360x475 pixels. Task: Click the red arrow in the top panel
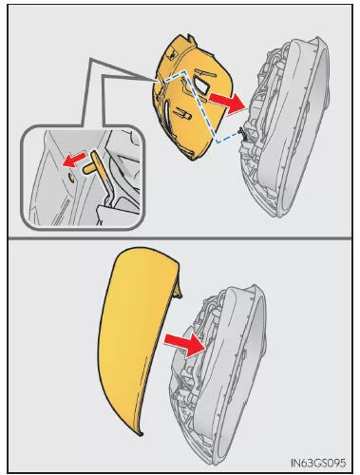228,103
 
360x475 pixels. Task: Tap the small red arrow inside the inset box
74,159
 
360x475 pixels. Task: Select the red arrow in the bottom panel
185,345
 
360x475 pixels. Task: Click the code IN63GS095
318,463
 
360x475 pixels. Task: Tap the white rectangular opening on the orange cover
201,85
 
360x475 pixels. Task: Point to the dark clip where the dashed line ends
242,130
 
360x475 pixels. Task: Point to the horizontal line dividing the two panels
180,237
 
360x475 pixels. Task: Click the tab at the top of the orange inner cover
190,39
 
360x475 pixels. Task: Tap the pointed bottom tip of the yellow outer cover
142,434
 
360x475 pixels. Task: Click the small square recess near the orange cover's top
173,55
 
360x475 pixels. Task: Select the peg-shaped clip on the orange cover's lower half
182,113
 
